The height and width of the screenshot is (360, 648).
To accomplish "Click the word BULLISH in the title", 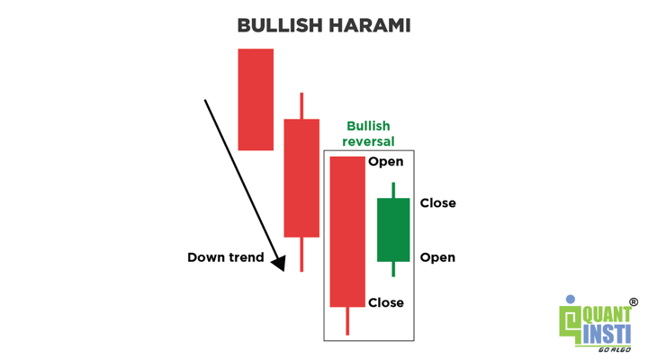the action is click(x=279, y=25).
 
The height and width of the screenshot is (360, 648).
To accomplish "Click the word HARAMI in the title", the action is click(x=370, y=25).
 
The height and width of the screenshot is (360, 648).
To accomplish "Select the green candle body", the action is click(x=393, y=229).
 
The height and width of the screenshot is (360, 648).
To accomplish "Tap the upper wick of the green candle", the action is click(x=393, y=190).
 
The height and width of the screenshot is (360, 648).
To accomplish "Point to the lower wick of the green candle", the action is click(x=393, y=269).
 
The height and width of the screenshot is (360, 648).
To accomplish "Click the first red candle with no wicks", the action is click(x=256, y=100).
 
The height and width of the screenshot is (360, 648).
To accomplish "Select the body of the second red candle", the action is click(x=301, y=178).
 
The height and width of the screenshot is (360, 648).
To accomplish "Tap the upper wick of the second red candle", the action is click(x=301, y=106).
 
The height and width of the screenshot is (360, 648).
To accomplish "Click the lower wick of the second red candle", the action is click(x=301, y=254).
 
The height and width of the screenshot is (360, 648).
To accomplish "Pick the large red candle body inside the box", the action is click(x=347, y=232).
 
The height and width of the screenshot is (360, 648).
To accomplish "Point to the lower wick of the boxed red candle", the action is click(x=347, y=321).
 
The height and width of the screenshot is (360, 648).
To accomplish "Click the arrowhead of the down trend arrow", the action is click(x=279, y=263).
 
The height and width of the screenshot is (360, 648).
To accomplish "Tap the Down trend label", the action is click(x=226, y=257).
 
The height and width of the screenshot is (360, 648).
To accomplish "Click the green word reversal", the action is click(x=368, y=141).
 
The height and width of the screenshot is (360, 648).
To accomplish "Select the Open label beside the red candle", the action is click(x=385, y=162).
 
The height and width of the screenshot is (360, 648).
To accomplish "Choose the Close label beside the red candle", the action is click(x=386, y=302).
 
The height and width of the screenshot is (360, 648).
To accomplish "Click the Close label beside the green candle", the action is click(x=438, y=202).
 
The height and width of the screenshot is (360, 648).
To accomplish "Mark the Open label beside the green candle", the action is click(x=437, y=257).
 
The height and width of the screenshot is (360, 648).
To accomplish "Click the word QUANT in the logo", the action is click(x=607, y=315).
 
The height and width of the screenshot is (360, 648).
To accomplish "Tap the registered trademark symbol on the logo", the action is click(x=634, y=302).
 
